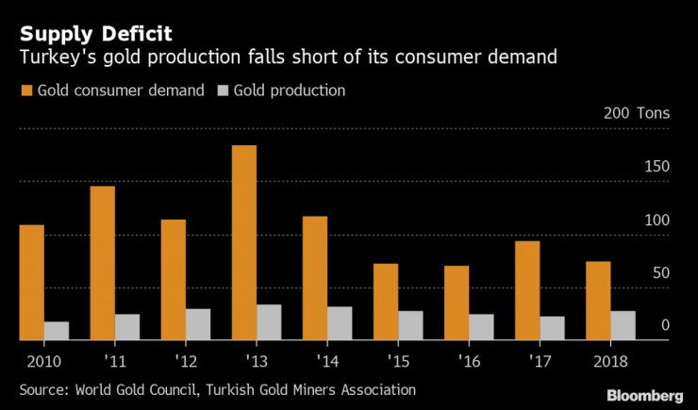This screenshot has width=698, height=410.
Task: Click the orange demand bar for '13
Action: (x=244, y=243)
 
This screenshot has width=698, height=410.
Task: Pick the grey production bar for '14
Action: (x=340, y=323)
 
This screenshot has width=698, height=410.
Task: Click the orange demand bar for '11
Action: (x=103, y=263)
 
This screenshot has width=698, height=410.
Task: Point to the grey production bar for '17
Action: (x=553, y=328)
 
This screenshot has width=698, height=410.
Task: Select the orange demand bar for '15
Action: (x=387, y=302)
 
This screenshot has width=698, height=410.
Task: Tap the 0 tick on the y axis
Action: (x=665, y=326)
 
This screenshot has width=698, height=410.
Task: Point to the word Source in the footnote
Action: (x=43, y=388)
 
